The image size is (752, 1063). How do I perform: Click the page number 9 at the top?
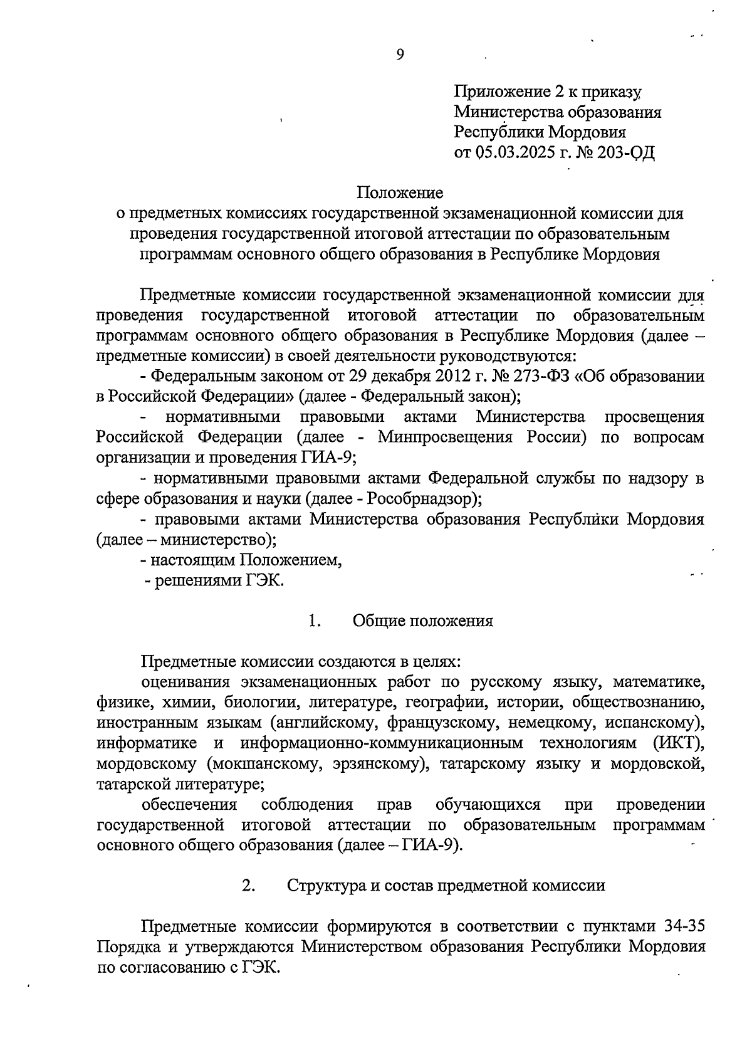pos(400,55)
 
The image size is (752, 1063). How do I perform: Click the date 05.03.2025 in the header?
pos(514,152)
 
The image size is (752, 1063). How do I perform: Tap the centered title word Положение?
pos(400,192)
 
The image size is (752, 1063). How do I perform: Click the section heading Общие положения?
pos(422,621)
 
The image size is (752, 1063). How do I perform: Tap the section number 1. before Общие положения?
pos(315,621)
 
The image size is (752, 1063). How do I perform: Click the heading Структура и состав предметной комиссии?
pos(446,885)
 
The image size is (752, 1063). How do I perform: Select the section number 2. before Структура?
pos(248,885)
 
